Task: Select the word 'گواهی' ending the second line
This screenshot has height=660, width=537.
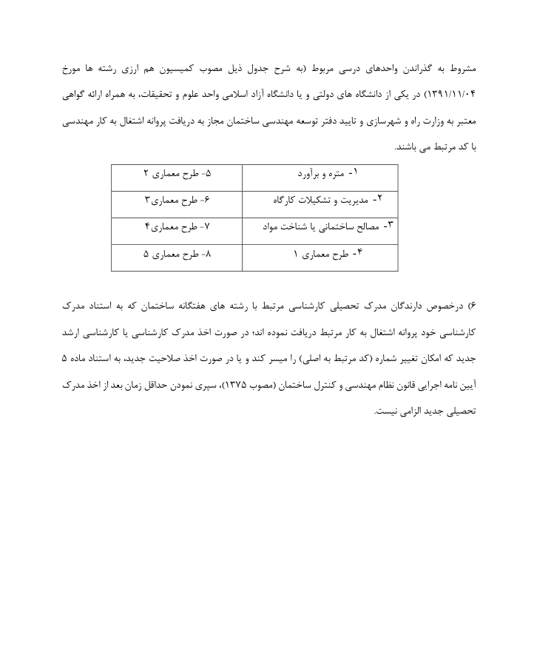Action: (x=75, y=95)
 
